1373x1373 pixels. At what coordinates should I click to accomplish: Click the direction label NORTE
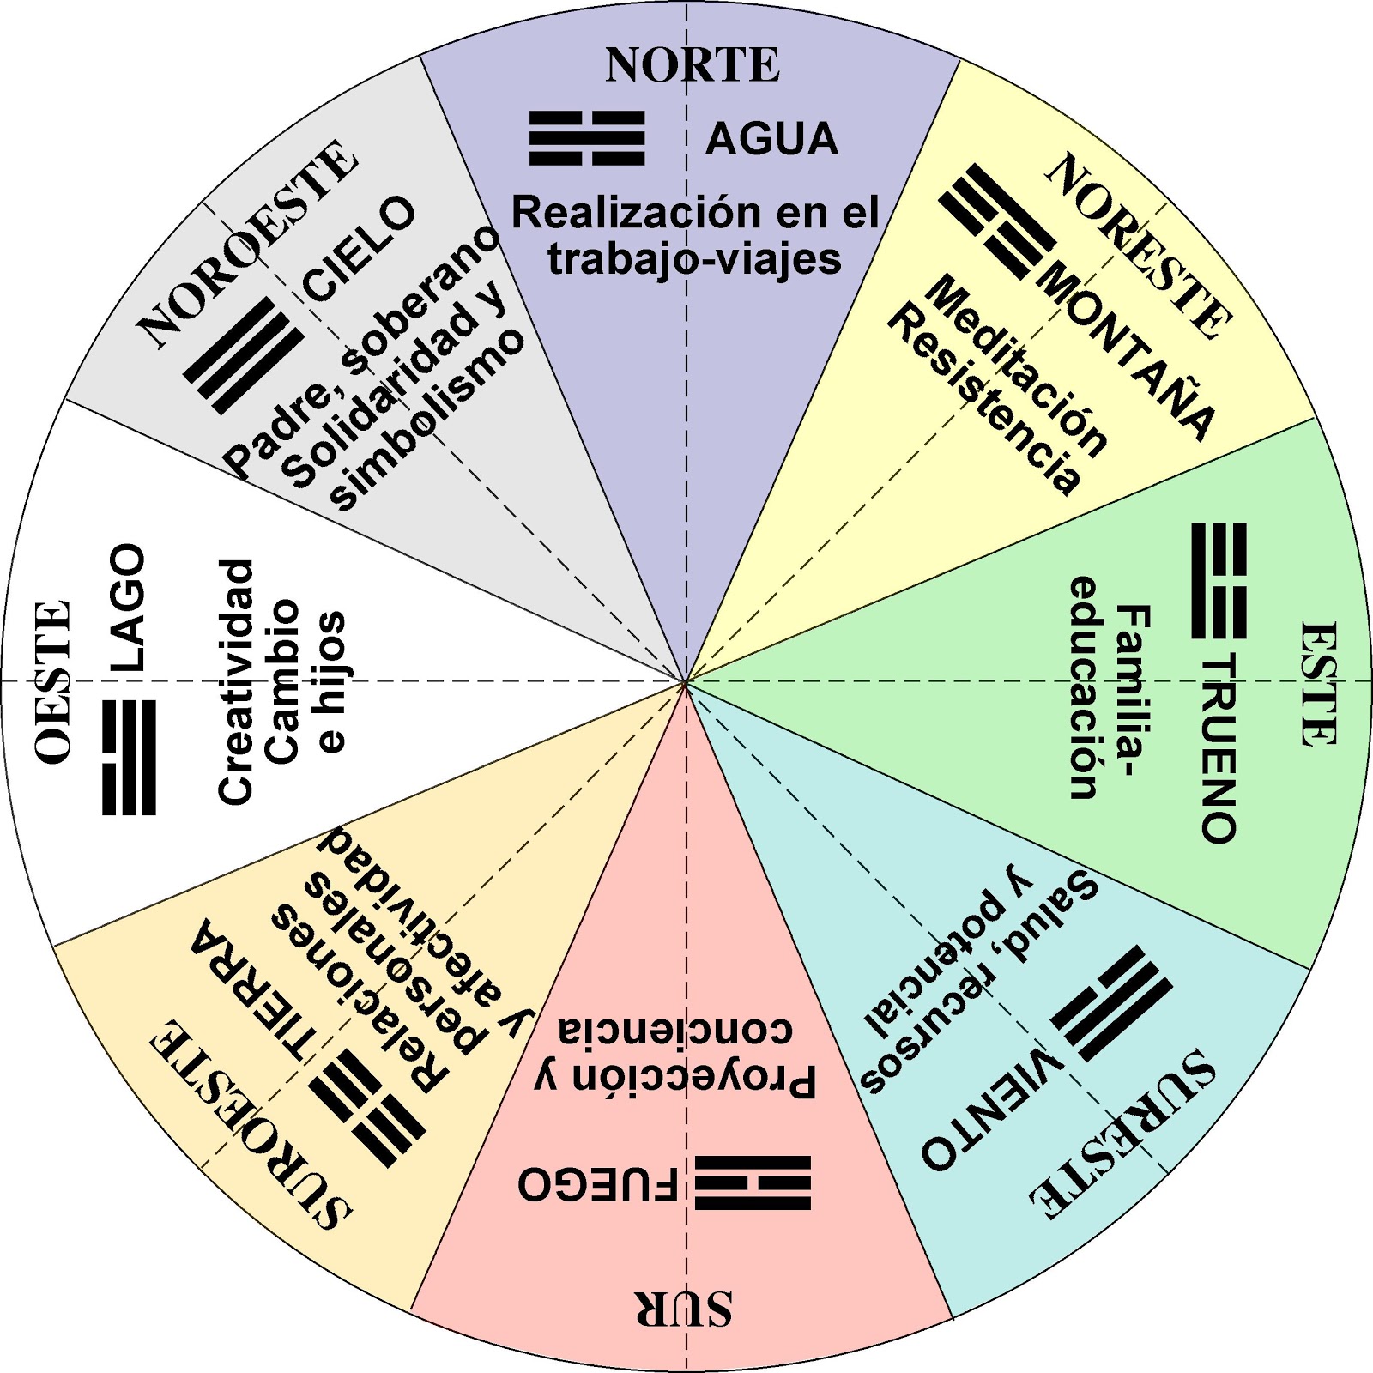point(693,65)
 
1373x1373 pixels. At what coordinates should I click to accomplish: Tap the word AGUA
point(771,139)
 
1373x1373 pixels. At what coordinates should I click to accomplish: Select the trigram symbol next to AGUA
point(587,138)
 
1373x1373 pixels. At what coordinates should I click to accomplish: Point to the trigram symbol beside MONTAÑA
point(996,223)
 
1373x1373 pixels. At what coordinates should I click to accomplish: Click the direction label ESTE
point(1317,684)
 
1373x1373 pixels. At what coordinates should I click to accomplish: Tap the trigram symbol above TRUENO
point(1219,581)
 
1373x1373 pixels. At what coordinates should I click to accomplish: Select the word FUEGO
point(597,1185)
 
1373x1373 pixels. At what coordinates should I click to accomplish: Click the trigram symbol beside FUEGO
point(753,1183)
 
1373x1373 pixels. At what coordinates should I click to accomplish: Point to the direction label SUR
point(684,1309)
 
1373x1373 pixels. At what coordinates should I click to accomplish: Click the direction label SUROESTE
point(249,1124)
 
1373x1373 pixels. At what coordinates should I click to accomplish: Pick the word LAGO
point(128,607)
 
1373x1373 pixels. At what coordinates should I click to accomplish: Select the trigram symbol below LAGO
point(129,757)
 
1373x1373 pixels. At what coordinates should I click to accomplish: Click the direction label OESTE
point(53,682)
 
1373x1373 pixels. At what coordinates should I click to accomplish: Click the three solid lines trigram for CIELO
point(244,355)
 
